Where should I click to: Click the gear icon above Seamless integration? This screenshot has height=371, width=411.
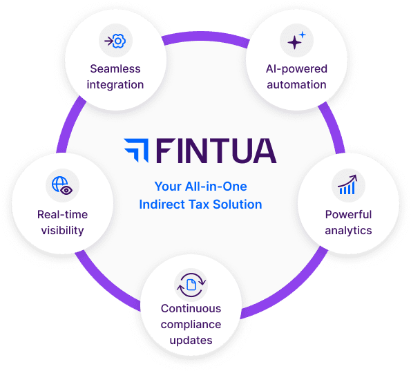115,41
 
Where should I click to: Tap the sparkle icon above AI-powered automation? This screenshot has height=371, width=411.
296,40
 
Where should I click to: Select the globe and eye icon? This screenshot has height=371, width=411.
62,185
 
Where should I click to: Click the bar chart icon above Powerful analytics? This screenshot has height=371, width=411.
347,184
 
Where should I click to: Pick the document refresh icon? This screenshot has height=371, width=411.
191,285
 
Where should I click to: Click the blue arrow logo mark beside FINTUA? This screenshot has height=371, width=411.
136,150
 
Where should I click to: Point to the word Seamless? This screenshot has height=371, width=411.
115,69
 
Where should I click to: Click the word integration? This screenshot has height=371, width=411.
115,85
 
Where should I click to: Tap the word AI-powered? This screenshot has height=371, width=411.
296,69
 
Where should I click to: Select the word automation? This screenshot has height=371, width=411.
296,85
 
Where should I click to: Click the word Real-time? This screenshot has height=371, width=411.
62,214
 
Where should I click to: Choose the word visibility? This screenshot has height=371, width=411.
62,231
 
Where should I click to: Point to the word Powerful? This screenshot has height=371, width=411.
348,214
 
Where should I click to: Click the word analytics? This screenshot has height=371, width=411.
348,231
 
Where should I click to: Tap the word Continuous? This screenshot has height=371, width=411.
191,309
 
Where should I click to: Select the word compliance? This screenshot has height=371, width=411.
191,325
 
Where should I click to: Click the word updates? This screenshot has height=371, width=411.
191,341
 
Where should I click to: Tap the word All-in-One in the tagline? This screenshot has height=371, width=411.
216,187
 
